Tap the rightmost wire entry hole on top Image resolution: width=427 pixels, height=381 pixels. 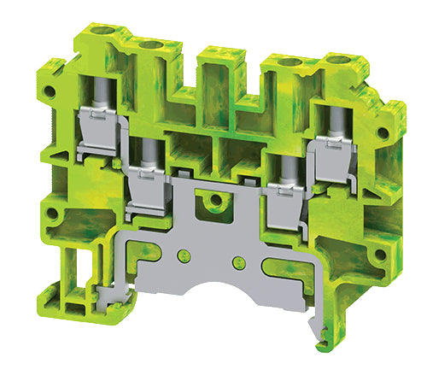(350, 61)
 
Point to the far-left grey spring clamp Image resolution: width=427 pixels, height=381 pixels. (97, 134)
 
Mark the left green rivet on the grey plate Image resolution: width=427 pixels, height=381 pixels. (182, 255)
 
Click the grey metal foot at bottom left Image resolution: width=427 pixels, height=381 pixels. (103, 296)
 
